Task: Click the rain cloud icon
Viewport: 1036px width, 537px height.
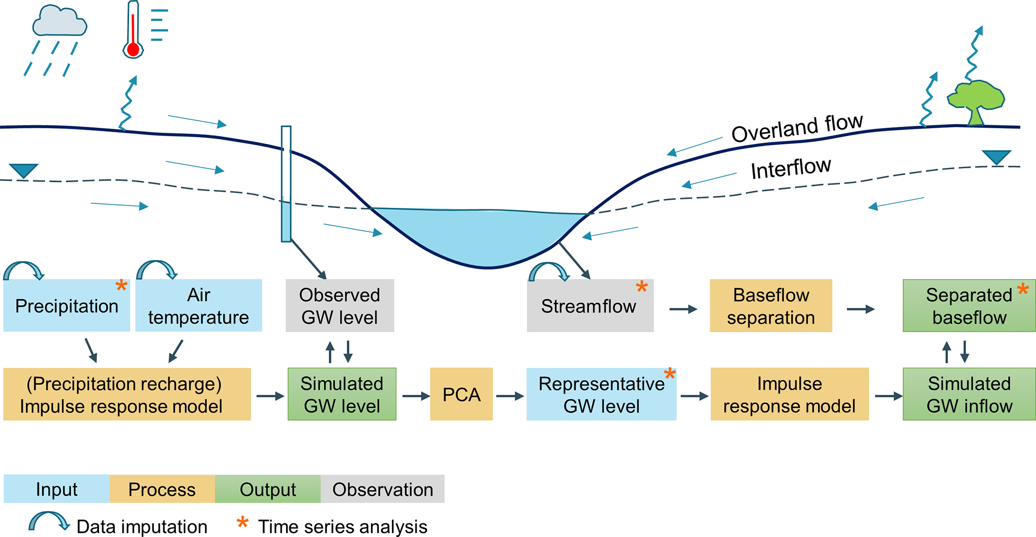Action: (x=59, y=21)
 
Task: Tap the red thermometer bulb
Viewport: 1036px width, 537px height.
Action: (x=133, y=50)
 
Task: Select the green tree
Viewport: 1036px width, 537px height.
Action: (x=975, y=102)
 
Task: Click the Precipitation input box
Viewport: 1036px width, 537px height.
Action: (x=67, y=306)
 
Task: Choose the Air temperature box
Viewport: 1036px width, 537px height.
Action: (x=198, y=306)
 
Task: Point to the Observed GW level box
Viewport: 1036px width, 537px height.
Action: (x=340, y=306)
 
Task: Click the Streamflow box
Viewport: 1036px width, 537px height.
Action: (x=590, y=306)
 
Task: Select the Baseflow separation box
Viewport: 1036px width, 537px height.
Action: (x=771, y=306)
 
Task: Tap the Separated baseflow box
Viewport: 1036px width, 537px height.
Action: (x=969, y=306)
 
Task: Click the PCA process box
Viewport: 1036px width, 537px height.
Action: (x=461, y=394)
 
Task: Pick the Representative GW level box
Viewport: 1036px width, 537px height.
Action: (x=601, y=394)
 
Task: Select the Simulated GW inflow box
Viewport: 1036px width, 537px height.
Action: (x=969, y=394)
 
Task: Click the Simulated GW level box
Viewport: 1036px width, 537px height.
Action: (x=342, y=394)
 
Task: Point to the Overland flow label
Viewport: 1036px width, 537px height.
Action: (x=797, y=128)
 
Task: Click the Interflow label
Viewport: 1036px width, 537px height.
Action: (x=791, y=168)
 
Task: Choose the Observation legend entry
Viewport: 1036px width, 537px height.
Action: (x=382, y=489)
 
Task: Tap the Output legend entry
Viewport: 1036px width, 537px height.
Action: (x=268, y=489)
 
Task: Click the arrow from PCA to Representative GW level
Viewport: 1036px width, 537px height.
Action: (x=510, y=396)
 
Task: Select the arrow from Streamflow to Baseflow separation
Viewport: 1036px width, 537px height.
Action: (x=684, y=309)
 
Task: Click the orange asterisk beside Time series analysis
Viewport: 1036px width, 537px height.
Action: (x=243, y=522)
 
